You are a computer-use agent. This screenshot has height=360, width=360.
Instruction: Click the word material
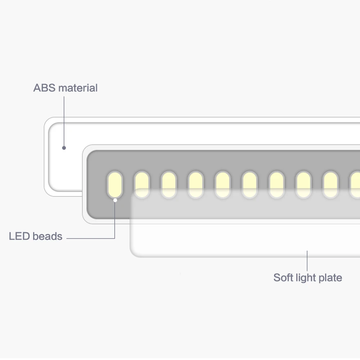pyautogui.click(x=78, y=88)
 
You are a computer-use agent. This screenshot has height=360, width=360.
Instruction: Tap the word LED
pyautogui.click(x=19, y=236)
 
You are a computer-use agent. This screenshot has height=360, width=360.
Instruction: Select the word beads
pyautogui.click(x=48, y=236)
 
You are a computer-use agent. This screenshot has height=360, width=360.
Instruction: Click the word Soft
pyautogui.click(x=283, y=278)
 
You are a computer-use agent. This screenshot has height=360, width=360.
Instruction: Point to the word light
pyautogui.click(x=306, y=278)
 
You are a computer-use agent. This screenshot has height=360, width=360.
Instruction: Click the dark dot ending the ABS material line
pyautogui.click(x=64, y=148)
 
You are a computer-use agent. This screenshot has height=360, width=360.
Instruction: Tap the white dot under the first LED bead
pyautogui.click(x=115, y=200)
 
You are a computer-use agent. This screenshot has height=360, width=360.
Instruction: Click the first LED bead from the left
pyautogui.click(x=115, y=185)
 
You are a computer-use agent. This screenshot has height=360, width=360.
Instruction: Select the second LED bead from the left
pyautogui.click(x=142, y=185)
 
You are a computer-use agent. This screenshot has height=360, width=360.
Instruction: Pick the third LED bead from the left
pyautogui.click(x=169, y=185)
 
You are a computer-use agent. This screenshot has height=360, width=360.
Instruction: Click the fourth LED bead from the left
pyautogui.click(x=195, y=185)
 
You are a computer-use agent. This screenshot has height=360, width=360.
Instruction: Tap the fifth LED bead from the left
pyautogui.click(x=223, y=185)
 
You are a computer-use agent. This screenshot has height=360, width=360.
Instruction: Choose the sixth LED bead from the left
pyautogui.click(x=249, y=185)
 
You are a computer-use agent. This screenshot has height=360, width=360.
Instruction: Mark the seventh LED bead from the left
pyautogui.click(x=276, y=185)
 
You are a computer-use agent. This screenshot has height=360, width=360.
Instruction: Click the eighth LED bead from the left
pyautogui.click(x=303, y=185)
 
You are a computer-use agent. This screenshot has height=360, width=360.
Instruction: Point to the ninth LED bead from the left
pyautogui.click(x=330, y=185)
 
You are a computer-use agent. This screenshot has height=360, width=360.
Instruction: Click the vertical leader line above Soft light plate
pyautogui.click(x=307, y=261)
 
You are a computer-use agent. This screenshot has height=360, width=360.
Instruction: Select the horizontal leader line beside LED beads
pyautogui.click(x=91, y=238)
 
